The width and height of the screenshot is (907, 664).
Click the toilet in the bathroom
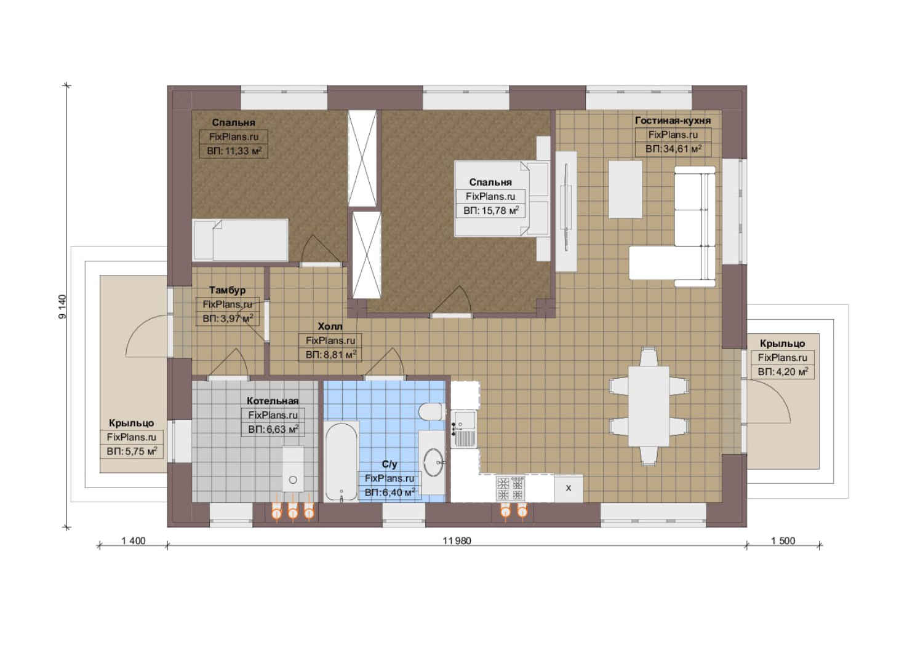[431, 411]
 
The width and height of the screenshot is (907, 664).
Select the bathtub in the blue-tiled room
[342, 462]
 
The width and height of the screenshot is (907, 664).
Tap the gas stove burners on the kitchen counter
[511, 488]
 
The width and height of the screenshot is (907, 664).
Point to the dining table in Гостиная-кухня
[649, 406]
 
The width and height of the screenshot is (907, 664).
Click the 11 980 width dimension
[457, 540]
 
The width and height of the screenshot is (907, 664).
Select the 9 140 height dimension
[62, 306]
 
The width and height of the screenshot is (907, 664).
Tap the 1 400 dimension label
[133, 540]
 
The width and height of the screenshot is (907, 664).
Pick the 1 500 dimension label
[783, 540]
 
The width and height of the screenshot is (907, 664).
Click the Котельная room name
[273, 401]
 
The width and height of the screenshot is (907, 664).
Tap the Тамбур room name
[227, 290]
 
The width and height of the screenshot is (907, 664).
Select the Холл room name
[330, 326]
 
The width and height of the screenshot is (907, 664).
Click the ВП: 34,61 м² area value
[673, 149]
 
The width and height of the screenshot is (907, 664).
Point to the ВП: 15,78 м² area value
[491, 211]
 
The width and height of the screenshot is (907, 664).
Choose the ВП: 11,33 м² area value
[234, 151]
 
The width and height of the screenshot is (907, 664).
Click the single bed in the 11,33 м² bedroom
[240, 240]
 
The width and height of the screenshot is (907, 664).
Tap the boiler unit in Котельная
[293, 469]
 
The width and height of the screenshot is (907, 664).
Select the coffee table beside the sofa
[625, 189]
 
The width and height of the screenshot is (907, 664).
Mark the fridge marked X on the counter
[568, 488]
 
